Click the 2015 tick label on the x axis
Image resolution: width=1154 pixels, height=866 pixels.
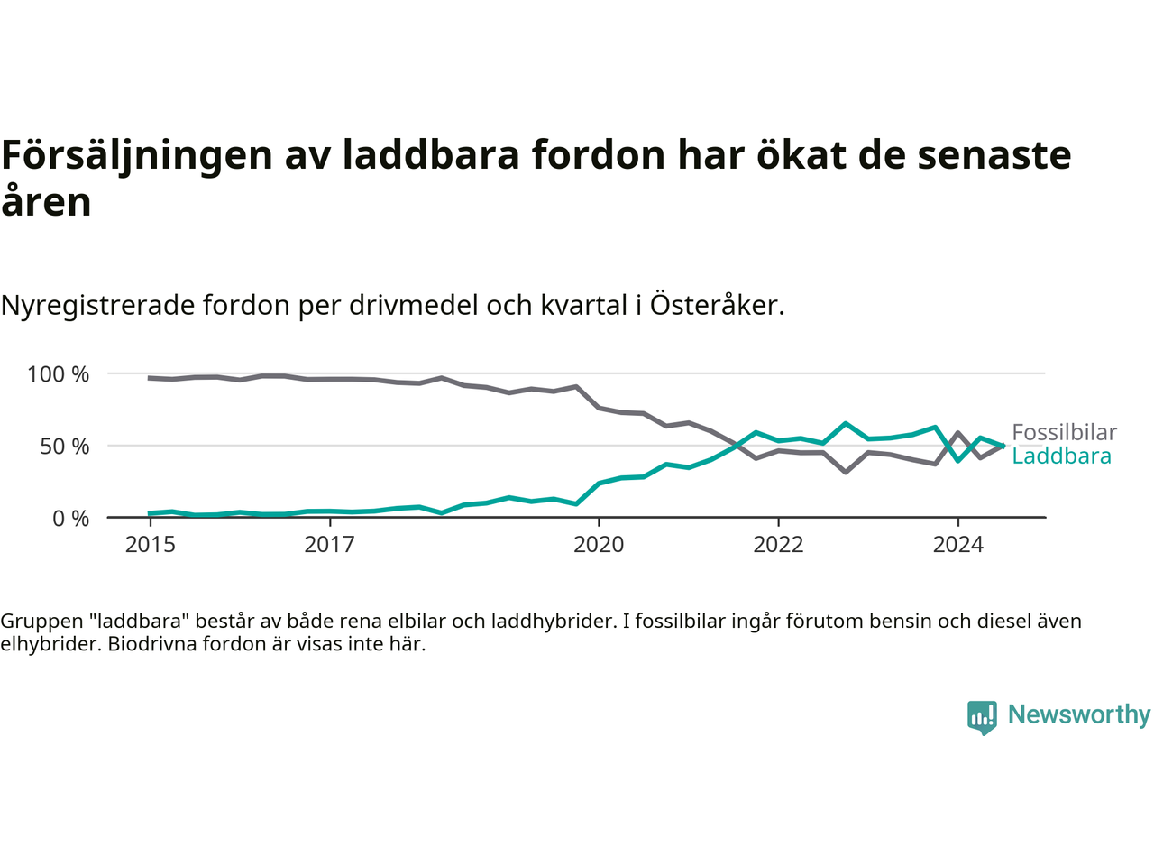(150, 544)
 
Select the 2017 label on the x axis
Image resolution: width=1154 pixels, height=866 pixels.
(329, 544)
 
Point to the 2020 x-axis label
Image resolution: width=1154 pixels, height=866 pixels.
(599, 544)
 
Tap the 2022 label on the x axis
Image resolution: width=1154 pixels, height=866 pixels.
(778, 544)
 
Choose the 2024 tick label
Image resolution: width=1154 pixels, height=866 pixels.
(957, 544)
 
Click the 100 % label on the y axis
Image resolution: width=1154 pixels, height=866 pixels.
(59, 374)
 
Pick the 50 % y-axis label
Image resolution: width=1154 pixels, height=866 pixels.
(65, 447)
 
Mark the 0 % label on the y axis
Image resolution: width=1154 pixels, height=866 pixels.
(71, 519)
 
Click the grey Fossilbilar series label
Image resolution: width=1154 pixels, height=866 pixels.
(1064, 432)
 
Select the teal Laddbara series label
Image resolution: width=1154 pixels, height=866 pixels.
(1061, 456)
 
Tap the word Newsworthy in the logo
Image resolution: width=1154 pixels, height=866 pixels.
(1078, 714)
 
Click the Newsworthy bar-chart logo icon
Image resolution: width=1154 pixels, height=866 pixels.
(982, 717)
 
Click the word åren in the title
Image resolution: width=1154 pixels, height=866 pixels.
(46, 201)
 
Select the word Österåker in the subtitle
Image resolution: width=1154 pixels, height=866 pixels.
(716, 305)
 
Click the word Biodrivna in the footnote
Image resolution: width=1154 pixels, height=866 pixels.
(153, 644)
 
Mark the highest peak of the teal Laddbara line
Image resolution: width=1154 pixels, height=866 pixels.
(845, 423)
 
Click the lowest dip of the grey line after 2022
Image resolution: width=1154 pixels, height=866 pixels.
(845, 472)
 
